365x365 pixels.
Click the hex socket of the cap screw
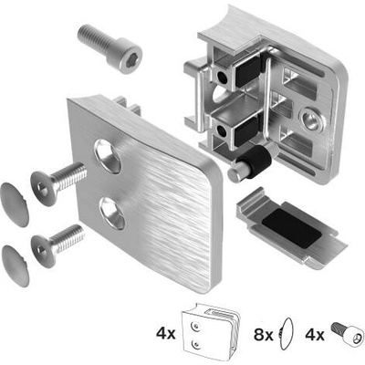130,62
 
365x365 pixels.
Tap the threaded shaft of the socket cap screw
94,37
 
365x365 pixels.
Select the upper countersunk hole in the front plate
108,156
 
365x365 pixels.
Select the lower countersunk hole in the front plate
113,213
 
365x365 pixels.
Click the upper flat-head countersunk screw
57,183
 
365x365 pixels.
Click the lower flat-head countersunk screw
57,245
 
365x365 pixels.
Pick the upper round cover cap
15,204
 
